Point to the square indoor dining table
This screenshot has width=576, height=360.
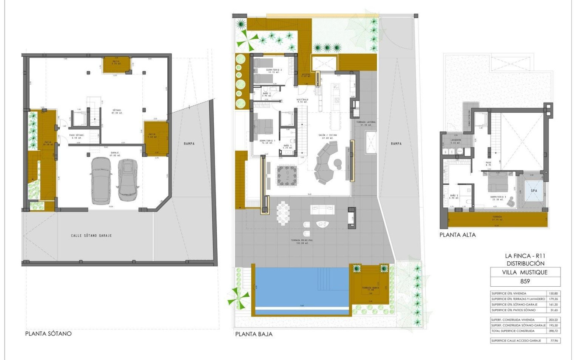pos(288,174)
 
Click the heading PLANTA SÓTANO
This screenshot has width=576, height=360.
pos(48,334)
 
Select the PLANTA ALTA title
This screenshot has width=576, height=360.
pos(457,235)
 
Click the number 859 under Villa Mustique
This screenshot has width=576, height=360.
pos(525,281)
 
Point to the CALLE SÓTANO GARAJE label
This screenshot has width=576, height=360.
pos(91,235)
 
